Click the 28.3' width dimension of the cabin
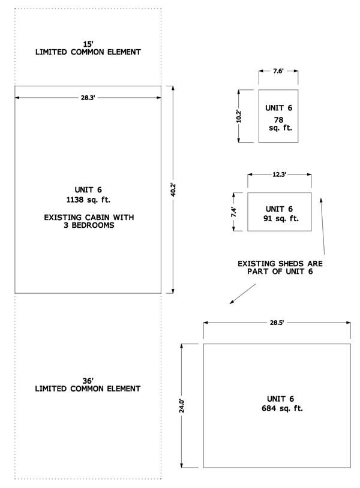(88, 98)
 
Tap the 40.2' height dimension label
(173, 189)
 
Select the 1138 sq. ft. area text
(88, 200)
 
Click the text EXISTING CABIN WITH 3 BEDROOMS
(89, 221)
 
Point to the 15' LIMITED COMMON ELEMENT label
(88, 48)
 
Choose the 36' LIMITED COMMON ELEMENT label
(88, 385)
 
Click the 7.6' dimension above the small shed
(278, 71)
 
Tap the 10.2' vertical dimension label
(239, 116)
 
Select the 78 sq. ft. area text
(280, 124)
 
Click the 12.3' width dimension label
(279, 174)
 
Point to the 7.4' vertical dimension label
(233, 212)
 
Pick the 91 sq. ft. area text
(281, 218)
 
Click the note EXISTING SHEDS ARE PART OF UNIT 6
(280, 267)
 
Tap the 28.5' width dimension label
(277, 323)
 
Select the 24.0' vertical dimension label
(182, 405)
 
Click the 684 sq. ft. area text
(282, 408)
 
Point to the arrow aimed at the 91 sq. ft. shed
(323, 226)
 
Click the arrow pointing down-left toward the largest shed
(242, 294)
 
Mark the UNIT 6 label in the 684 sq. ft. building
(280, 399)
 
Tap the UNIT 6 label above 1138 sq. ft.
(88, 190)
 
